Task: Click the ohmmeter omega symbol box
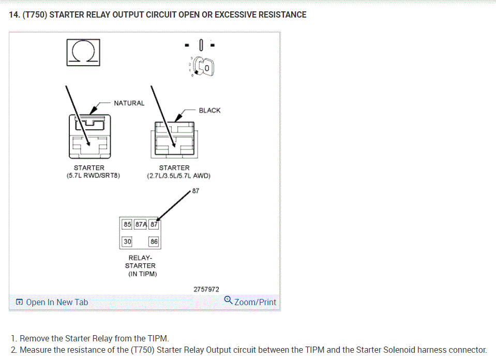pos(83,52)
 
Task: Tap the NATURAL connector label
pos(129,103)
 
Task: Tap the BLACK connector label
pos(209,110)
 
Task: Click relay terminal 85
pos(127,224)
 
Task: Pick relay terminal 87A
pos(141,224)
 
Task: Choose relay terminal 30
pos(127,242)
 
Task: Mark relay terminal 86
pos(154,242)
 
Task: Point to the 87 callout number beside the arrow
pos(195,190)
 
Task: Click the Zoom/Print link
pos(255,302)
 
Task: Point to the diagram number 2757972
pos(206,290)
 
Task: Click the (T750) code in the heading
pos(35,14)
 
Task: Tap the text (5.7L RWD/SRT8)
pos(89,176)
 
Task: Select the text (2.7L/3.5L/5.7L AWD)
pos(178,176)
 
